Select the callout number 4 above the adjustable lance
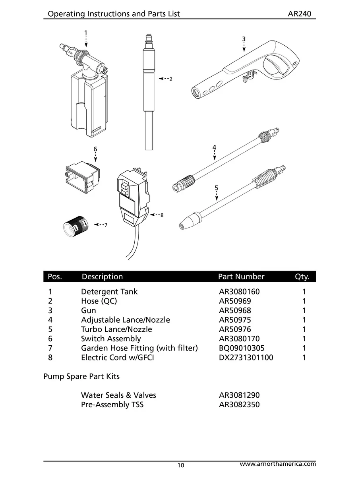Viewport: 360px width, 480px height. [x=214, y=147]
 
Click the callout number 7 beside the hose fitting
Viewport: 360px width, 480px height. [x=106, y=225]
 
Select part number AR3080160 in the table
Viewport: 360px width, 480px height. [x=239, y=292]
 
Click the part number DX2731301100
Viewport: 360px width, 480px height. [x=246, y=357]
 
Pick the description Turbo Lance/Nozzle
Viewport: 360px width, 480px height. [x=116, y=329]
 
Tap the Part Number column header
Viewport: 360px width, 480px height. [x=241, y=277]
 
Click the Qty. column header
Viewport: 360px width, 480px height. [x=302, y=277]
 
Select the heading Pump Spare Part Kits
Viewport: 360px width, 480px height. [x=81, y=376]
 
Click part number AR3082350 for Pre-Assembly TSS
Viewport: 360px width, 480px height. [x=239, y=405]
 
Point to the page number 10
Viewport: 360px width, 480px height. [x=181, y=465]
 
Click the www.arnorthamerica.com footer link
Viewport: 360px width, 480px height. [x=278, y=464]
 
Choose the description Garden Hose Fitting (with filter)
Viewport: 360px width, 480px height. [x=139, y=348]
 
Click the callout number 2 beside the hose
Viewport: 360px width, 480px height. [x=171, y=79]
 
